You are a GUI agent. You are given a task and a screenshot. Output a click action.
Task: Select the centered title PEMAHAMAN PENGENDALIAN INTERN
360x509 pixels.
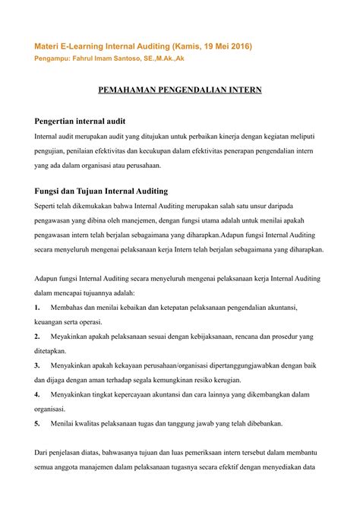coord(180,90)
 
